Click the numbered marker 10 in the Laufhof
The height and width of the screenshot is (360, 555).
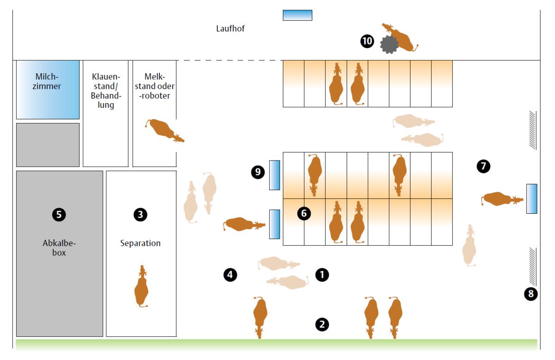[x=367, y=41]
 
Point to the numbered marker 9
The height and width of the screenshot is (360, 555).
[x=258, y=172]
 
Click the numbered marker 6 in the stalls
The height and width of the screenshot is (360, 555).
[x=304, y=213]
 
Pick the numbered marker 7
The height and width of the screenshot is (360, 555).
[x=483, y=166]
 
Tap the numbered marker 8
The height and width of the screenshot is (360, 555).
[x=531, y=293]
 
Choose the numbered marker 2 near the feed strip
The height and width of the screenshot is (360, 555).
[x=322, y=324]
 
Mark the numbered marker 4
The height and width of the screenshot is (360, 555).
[x=230, y=275]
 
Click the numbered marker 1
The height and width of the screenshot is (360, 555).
[x=322, y=275]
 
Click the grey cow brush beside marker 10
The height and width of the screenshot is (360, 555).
[x=389, y=44]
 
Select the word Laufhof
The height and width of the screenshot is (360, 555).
[x=230, y=29]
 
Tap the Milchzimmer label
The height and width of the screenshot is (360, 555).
[x=47, y=81]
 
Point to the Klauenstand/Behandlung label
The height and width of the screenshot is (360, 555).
[x=106, y=91]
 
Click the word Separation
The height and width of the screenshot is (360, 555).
[x=140, y=243]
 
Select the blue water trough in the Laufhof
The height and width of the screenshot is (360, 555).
[x=297, y=15]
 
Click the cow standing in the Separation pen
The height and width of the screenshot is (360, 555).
[x=142, y=287]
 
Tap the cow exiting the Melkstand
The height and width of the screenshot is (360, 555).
[x=164, y=130]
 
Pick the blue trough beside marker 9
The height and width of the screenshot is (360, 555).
[x=275, y=175]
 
